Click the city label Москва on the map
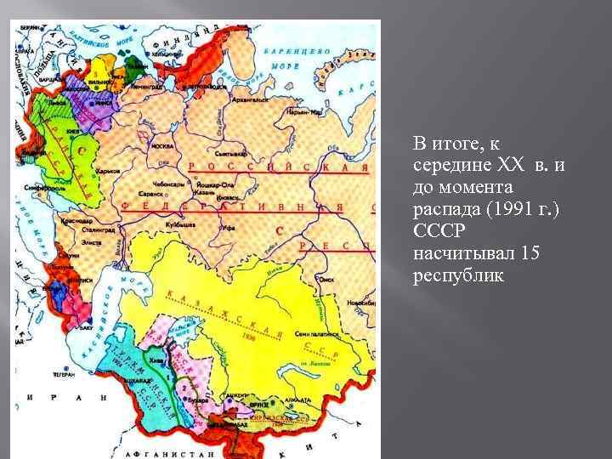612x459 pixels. click(161, 145)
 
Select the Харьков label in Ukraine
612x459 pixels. click(109, 170)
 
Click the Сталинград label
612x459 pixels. click(97, 229)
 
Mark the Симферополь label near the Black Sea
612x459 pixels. click(40, 189)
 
